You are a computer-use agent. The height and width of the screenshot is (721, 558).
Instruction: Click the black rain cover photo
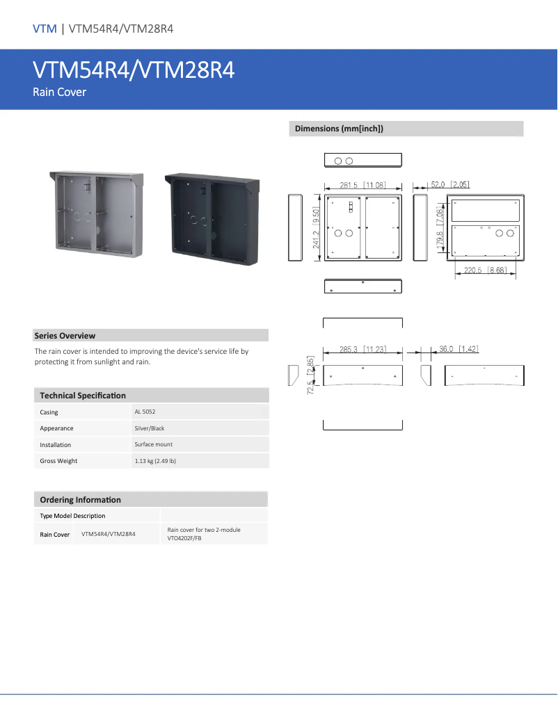pyautogui.click(x=212, y=219)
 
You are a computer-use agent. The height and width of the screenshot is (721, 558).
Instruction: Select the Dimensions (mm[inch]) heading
pyautogui.click(x=339, y=129)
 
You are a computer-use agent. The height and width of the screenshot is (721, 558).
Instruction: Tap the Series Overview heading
pyautogui.click(x=65, y=336)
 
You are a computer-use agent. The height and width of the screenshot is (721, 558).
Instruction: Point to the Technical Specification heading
pyautogui.click(x=83, y=396)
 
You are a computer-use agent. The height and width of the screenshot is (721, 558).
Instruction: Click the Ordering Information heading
pyautogui.click(x=80, y=500)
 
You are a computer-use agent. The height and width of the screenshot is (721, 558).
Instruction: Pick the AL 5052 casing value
pyautogui.click(x=145, y=412)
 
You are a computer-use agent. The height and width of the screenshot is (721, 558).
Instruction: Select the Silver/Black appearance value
pyautogui.click(x=150, y=428)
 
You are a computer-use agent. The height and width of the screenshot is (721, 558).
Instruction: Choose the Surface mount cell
pyautogui.click(x=153, y=444)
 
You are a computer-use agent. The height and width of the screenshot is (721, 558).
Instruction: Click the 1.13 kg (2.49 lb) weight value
pyautogui.click(x=155, y=461)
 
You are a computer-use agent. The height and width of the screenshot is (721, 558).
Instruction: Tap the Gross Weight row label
pyautogui.click(x=58, y=461)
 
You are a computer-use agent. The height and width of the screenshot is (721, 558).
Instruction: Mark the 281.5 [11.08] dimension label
pyautogui.click(x=362, y=185)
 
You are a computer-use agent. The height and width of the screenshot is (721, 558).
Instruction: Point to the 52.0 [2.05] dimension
pyautogui.click(x=450, y=184)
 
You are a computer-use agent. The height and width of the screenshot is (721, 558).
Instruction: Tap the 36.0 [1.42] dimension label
pyautogui.click(x=459, y=349)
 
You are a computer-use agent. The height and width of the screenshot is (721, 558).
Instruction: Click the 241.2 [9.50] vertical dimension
pyautogui.click(x=317, y=228)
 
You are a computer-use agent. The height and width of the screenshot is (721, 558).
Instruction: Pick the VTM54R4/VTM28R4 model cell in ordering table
pyautogui.click(x=108, y=534)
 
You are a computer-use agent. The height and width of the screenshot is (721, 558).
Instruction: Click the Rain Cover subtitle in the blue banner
pyautogui.click(x=59, y=92)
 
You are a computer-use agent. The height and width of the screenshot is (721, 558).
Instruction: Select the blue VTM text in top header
pyautogui.click(x=45, y=29)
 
